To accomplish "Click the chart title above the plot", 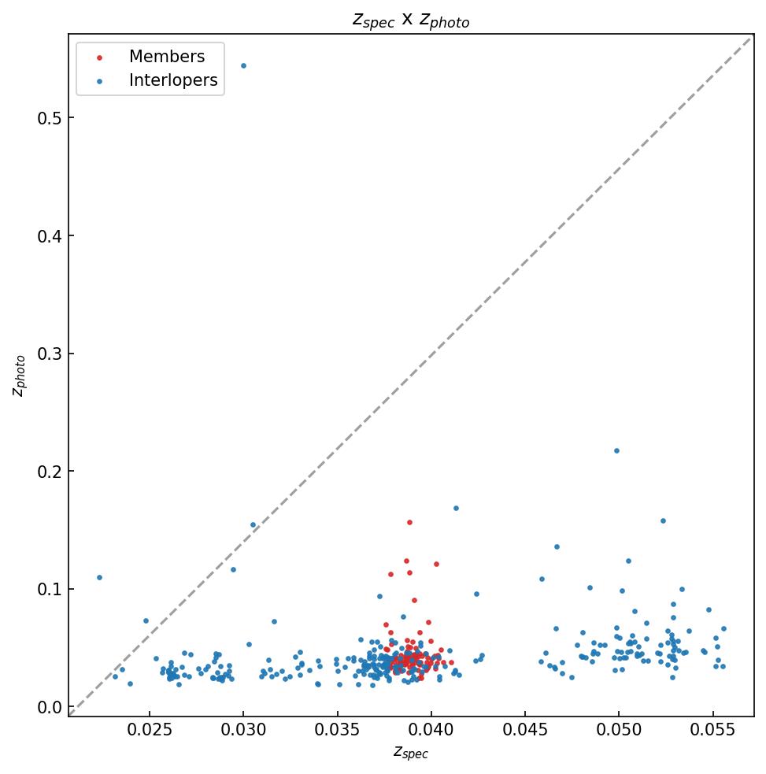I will coord(410,20).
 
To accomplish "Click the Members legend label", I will coord(167,57).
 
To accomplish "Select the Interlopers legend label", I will coord(173,80).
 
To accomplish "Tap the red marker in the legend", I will coord(99,57).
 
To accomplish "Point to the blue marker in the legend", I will coord(99,81).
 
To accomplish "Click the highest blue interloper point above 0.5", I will coord(243,65).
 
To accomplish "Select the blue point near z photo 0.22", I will coord(616,450).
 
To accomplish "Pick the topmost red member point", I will coord(409,522).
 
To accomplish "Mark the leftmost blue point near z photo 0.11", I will coord(99,577).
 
